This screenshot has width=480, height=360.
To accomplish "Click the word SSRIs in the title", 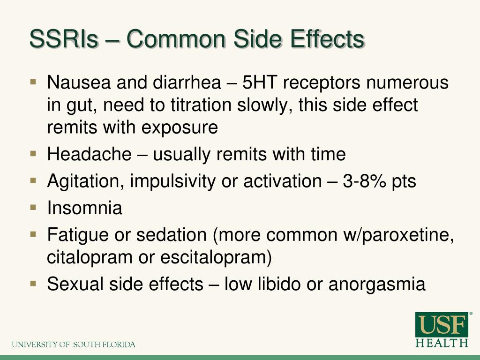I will [x=64, y=39].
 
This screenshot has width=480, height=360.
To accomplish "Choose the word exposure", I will [x=180, y=127].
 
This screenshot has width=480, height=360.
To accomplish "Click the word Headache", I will [x=90, y=154].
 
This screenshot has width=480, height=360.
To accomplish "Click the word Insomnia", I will [x=85, y=208].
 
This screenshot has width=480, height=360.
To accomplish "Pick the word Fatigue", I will [x=78, y=234].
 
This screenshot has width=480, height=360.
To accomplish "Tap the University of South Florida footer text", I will [x=74, y=345].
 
